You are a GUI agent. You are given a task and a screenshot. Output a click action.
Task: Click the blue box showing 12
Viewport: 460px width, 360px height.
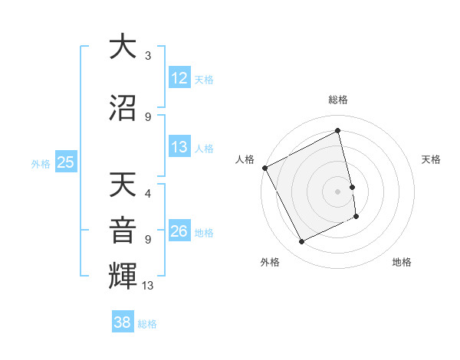179,78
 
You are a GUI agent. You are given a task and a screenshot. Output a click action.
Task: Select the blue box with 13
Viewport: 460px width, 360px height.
179,147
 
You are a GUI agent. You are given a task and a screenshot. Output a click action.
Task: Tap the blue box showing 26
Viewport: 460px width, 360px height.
179,231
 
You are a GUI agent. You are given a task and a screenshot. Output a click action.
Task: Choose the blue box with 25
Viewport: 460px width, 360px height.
66,162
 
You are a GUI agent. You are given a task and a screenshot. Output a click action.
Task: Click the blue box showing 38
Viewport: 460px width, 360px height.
123,322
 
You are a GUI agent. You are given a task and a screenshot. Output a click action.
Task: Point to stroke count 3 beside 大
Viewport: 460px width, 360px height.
148,56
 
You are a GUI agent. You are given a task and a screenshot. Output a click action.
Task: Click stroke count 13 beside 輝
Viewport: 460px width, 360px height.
149,286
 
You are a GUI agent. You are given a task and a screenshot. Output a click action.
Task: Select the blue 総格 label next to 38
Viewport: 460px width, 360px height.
147,324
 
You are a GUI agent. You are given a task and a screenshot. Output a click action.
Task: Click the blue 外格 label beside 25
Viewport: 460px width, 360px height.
41,163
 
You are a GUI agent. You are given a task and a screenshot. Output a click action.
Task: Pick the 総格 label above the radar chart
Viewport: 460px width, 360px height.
338,100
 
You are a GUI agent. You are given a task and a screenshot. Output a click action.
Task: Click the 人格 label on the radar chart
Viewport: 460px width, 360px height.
245,159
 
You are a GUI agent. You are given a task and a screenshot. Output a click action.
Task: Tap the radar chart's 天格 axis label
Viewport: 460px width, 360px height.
431,159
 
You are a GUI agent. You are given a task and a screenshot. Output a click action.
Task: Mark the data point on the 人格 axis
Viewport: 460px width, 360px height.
264,168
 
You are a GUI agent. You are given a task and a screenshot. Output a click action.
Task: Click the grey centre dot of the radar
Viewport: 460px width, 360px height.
338,191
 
